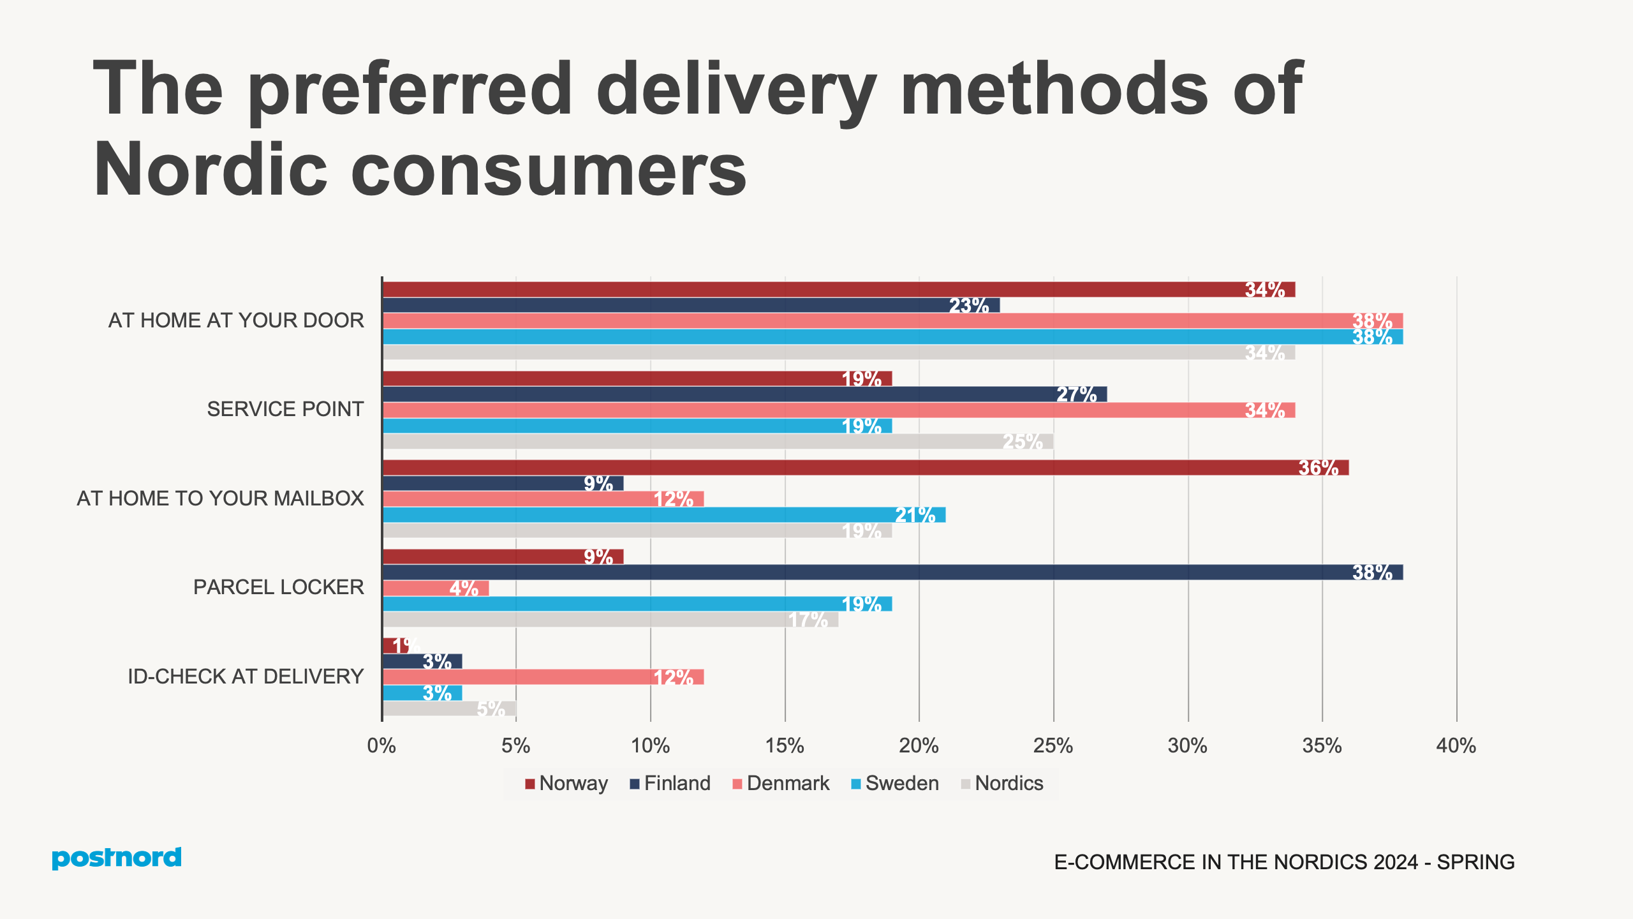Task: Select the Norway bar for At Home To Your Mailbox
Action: pyautogui.click(x=865, y=468)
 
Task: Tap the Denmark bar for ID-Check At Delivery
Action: pyautogui.click(x=543, y=677)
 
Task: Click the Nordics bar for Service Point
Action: pyautogui.click(x=718, y=442)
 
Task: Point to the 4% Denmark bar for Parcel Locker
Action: pyautogui.click(x=436, y=588)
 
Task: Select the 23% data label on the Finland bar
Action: pyautogui.click(x=968, y=306)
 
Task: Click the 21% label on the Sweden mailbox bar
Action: pyautogui.click(x=915, y=515)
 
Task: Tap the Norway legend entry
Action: pyautogui.click(x=566, y=783)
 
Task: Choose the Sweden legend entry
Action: pyautogui.click(x=894, y=783)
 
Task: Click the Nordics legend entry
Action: pyautogui.click(x=1001, y=783)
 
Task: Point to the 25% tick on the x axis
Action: pyautogui.click(x=1053, y=745)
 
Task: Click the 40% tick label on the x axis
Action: pyautogui.click(x=1456, y=745)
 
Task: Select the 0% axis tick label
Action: pyautogui.click(x=381, y=745)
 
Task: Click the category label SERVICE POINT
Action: pyautogui.click(x=285, y=409)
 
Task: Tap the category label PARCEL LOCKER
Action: pyautogui.click(x=278, y=587)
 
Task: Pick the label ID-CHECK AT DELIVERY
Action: pyautogui.click(x=246, y=676)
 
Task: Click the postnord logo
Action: pyautogui.click(x=117, y=858)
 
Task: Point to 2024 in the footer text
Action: pyautogui.click(x=1396, y=862)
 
